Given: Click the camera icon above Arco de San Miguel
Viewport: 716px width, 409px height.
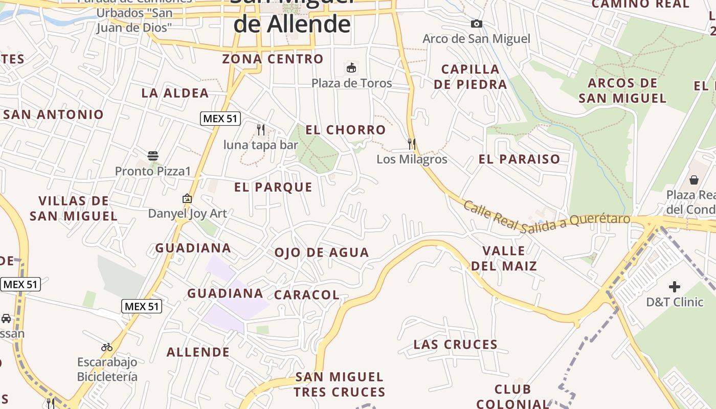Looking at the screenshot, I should (476, 24).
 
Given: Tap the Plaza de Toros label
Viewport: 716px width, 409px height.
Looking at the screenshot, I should (351, 83).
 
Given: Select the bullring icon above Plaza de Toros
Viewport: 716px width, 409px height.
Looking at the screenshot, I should (351, 67).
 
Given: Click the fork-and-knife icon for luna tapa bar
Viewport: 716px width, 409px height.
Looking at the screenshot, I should (261, 129).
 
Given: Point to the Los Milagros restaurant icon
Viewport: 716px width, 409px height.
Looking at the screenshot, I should (412, 144).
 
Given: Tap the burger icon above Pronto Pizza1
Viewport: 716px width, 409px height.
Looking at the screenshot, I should (153, 155).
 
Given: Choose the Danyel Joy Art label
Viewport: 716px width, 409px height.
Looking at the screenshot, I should (187, 213).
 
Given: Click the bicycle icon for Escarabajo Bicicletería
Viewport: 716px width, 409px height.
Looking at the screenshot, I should (107, 347).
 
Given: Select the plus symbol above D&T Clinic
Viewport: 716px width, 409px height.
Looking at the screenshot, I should (675, 287).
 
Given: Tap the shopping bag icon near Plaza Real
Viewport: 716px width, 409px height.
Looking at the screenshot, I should (694, 179).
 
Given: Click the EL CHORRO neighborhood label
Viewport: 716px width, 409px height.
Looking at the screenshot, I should (345, 130).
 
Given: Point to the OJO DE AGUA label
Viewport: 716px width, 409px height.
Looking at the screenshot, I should (322, 253).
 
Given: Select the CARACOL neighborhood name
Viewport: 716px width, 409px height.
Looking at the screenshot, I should (307, 295).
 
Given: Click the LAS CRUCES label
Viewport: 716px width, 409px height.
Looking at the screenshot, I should (455, 345).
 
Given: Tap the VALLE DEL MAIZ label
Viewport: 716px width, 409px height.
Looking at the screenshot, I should (504, 258).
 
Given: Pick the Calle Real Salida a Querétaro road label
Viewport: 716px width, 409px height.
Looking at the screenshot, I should (547, 218).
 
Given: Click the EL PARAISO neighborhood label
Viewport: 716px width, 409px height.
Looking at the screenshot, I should (519, 159).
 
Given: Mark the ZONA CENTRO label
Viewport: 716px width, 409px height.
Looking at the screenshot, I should (273, 59).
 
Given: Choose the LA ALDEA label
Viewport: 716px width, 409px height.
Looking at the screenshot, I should (175, 93).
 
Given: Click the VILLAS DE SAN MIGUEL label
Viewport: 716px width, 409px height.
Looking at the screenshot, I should (74, 208).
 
